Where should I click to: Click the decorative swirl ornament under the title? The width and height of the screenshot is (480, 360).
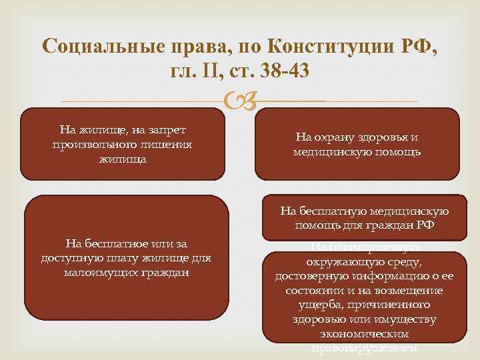pos(240,101)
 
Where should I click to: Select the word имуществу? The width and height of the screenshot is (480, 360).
pos(408,319)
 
